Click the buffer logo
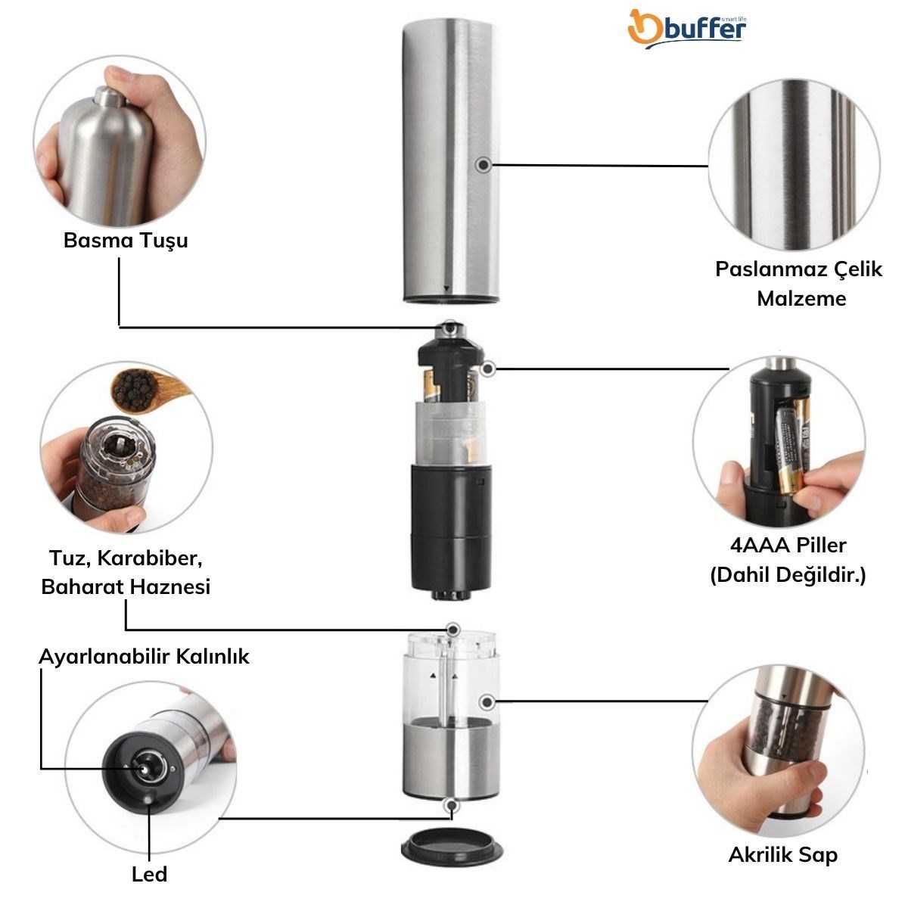click(x=687, y=29)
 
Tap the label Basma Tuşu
click(x=126, y=241)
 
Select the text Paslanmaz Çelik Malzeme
click(x=799, y=284)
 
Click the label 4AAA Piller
click(x=788, y=545)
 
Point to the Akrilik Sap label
click(x=783, y=855)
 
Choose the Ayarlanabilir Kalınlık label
click(x=145, y=657)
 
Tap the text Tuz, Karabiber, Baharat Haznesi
click(x=126, y=573)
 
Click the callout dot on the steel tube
click(x=483, y=165)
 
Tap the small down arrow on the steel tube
click(x=446, y=288)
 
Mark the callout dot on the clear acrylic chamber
click(x=487, y=702)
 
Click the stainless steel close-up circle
click(x=794, y=166)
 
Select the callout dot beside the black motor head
click(x=489, y=368)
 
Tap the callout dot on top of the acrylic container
click(x=452, y=629)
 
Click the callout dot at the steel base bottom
click(x=452, y=805)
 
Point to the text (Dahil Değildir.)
click(x=788, y=575)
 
